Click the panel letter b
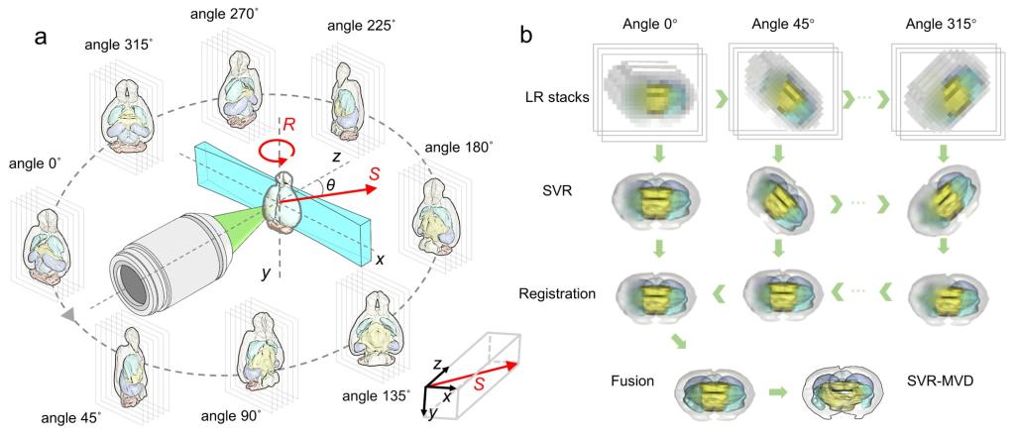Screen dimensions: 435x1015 click(527, 36)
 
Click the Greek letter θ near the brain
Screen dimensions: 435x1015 click(331, 184)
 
